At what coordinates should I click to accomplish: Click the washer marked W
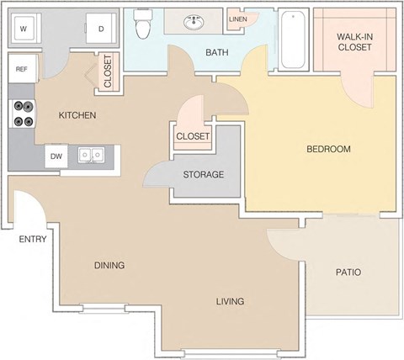click(24, 29)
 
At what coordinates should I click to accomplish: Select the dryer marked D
click(101, 29)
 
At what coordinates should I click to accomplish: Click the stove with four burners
click(23, 114)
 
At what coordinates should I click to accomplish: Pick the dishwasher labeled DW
click(56, 156)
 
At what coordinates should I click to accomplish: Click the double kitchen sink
click(91, 156)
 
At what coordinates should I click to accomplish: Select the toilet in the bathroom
click(142, 25)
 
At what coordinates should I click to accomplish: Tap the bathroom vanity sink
click(194, 20)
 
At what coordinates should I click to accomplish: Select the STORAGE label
click(204, 175)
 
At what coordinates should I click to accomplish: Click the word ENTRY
click(32, 239)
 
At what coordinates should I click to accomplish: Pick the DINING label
click(109, 265)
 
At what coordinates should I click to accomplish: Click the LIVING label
click(229, 300)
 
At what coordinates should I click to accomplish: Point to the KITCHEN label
click(77, 115)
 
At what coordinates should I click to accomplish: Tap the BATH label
click(217, 53)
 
